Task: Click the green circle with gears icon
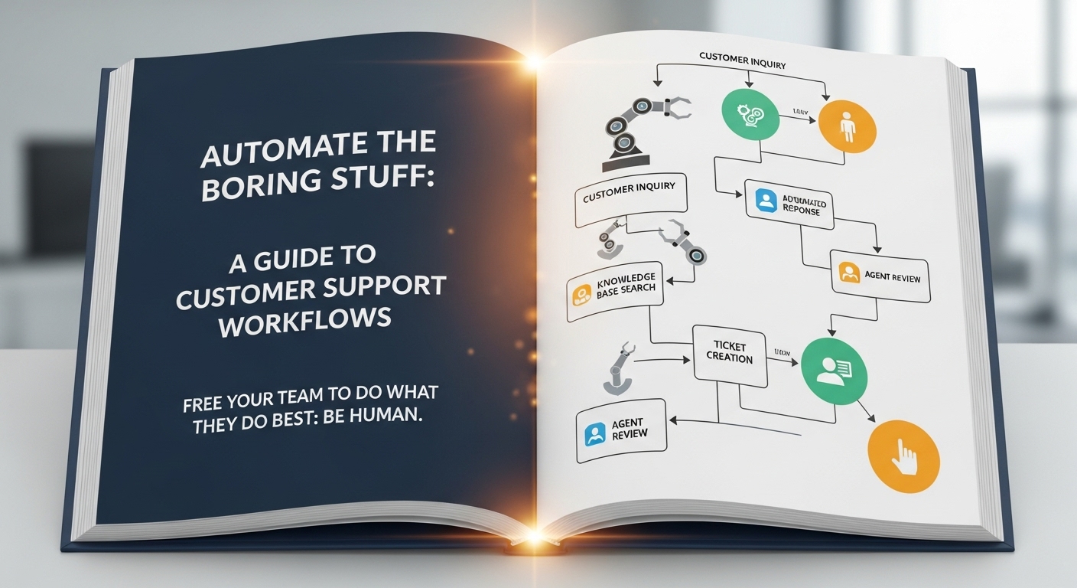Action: (x=750, y=114)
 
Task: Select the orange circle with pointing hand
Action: (x=904, y=456)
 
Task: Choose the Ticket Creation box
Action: (x=730, y=353)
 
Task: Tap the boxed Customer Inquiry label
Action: (x=630, y=197)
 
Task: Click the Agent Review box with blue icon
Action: (x=620, y=433)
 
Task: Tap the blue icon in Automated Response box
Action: (x=765, y=201)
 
